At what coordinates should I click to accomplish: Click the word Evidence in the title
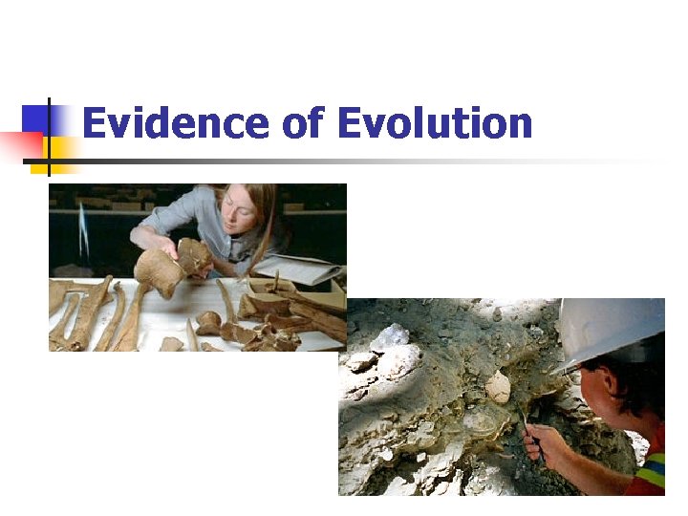[176, 124]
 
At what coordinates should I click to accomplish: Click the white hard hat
[612, 330]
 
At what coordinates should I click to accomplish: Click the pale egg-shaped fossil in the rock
[498, 386]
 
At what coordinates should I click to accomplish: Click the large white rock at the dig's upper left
[392, 337]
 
